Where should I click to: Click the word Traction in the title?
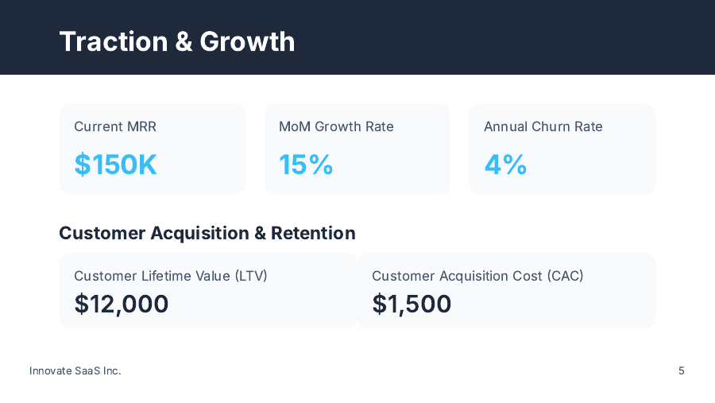(112, 41)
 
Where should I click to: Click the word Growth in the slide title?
(247, 41)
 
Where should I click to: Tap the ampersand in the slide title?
(184, 41)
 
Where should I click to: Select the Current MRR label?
(115, 126)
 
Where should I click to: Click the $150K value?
(116, 165)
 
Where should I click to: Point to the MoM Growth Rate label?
(336, 126)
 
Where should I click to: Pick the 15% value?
(306, 165)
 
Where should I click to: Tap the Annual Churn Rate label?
(543, 126)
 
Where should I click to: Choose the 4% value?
(505, 165)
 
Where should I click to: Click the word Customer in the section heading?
(102, 233)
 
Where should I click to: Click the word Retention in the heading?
(313, 233)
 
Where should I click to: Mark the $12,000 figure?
(122, 304)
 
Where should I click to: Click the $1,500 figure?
(412, 304)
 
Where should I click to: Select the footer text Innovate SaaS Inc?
(75, 370)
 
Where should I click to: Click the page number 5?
(682, 370)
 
